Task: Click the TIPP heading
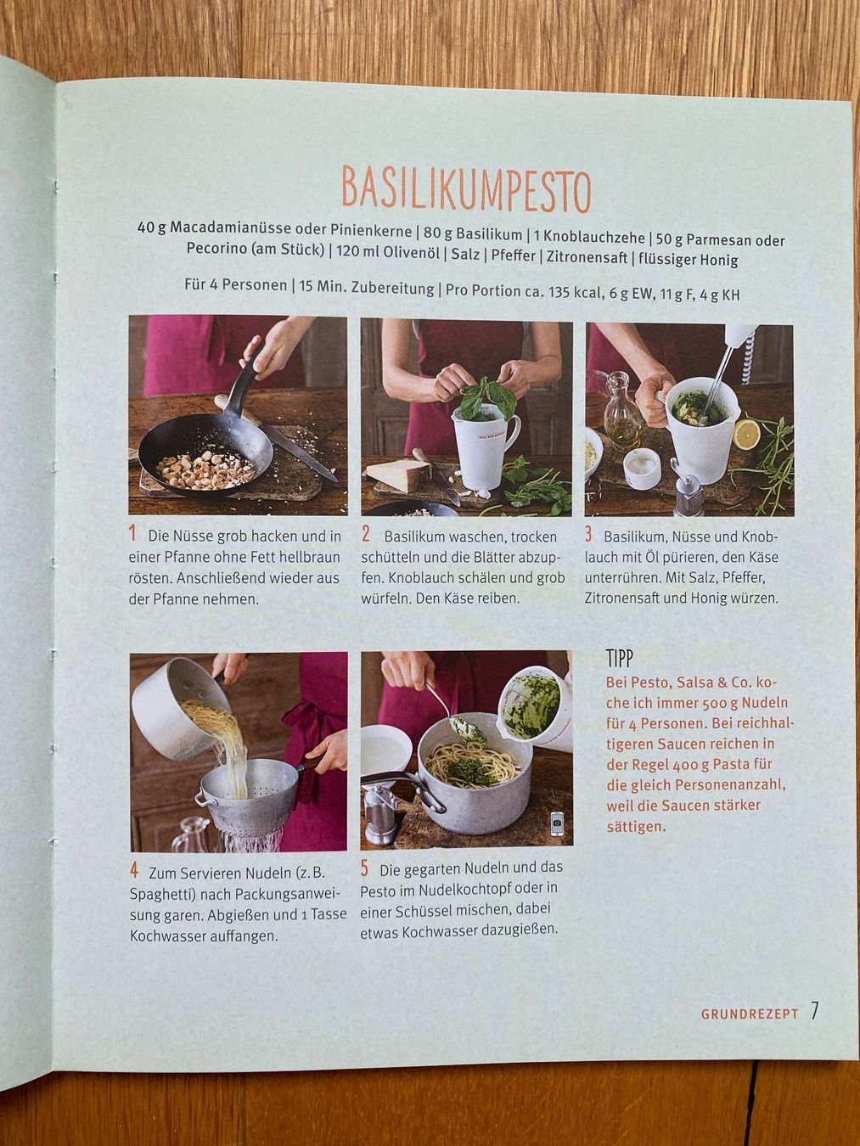click(x=619, y=659)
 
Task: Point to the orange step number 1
click(x=133, y=534)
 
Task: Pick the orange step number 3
click(x=588, y=534)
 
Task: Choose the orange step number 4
click(x=134, y=871)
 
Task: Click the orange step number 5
click(x=364, y=868)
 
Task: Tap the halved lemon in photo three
click(x=749, y=433)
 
